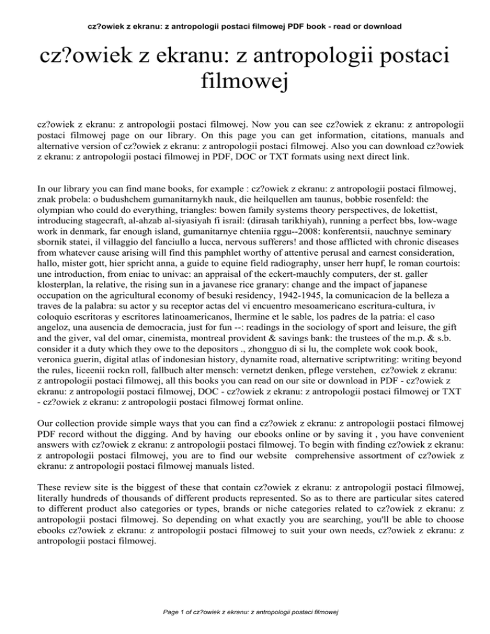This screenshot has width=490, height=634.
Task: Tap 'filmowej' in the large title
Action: click(244, 81)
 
